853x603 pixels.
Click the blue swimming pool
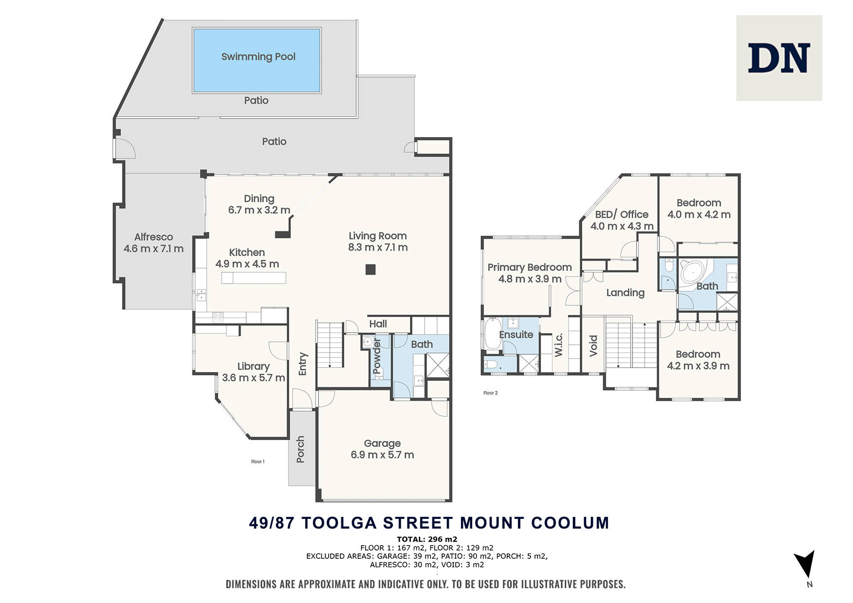point(257,60)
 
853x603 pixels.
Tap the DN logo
point(779,58)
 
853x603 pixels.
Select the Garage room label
point(382,443)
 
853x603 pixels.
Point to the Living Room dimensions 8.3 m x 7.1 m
point(378,248)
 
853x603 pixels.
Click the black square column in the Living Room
point(371,269)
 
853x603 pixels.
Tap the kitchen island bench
point(253,278)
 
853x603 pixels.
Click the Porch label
point(300,449)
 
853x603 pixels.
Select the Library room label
point(253,366)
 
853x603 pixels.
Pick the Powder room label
point(377,356)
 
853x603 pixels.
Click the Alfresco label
point(154,237)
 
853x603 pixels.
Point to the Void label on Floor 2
point(593,346)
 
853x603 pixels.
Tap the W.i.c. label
point(558,345)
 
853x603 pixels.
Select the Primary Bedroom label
point(530,267)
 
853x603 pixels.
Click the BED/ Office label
point(622,214)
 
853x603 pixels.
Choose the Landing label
point(625,293)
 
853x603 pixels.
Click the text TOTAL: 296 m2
point(427,539)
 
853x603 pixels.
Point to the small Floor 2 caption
point(491,393)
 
